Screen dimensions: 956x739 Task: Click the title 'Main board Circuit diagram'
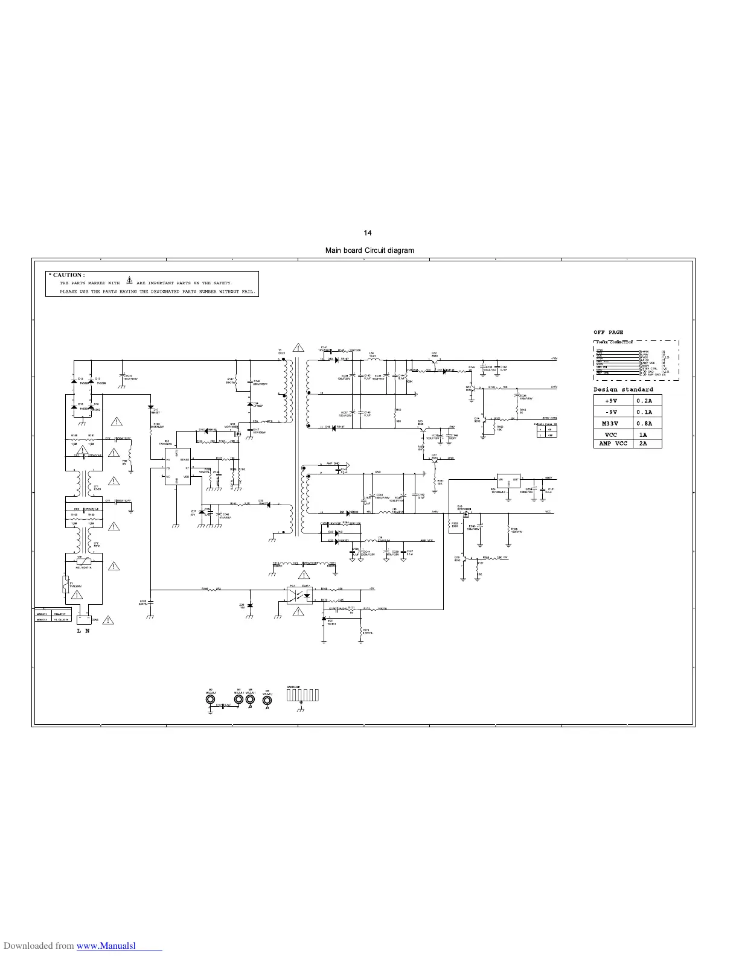click(x=369, y=250)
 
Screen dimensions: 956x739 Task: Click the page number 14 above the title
click(x=368, y=233)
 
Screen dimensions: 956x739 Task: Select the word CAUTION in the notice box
click(x=68, y=275)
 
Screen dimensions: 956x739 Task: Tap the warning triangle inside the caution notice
click(x=129, y=282)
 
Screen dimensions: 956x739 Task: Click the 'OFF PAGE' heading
click(x=608, y=332)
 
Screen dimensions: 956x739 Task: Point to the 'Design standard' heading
click(x=623, y=389)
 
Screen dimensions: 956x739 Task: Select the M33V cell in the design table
click(x=611, y=423)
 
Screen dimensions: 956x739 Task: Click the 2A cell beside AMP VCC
click(x=644, y=443)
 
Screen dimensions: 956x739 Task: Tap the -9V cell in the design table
click(x=611, y=412)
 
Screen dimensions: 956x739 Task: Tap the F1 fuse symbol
click(x=65, y=584)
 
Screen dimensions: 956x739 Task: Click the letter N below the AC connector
click(x=87, y=631)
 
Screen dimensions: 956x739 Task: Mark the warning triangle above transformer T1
click(x=298, y=347)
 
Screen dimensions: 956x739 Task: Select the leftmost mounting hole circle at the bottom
click(x=210, y=700)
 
